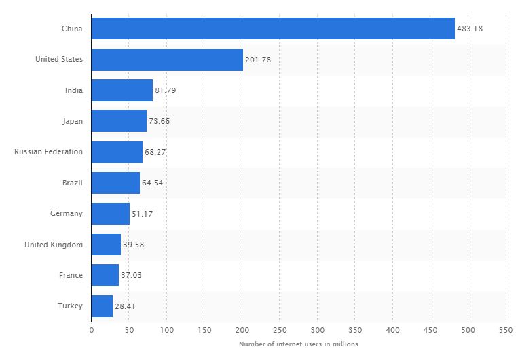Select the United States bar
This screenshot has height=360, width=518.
tap(167, 60)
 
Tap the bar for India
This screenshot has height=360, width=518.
tap(122, 90)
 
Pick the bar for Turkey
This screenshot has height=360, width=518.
tap(102, 306)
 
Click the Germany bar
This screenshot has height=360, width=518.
tap(111, 214)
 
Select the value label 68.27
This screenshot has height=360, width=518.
tap(155, 152)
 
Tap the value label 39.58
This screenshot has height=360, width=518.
tap(134, 245)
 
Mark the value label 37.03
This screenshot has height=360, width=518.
tap(132, 276)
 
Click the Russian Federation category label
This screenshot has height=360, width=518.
tap(49, 151)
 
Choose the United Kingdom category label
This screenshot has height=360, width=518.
tap(54, 245)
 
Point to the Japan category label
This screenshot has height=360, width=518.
tap(72, 121)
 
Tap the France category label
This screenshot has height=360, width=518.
tap(71, 275)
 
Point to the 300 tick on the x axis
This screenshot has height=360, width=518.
tap(317, 330)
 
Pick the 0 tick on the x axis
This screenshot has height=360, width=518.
tap(92, 330)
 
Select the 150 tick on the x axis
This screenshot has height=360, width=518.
tap(204, 330)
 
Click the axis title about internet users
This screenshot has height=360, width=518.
tap(299, 344)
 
